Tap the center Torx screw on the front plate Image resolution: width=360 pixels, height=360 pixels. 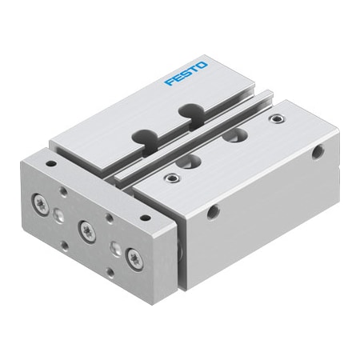(x=86, y=232)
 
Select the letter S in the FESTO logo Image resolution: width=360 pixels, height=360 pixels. (x=186, y=74)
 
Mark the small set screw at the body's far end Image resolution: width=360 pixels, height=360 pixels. (x=277, y=119)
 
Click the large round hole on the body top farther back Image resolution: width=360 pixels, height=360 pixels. (x=234, y=137)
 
